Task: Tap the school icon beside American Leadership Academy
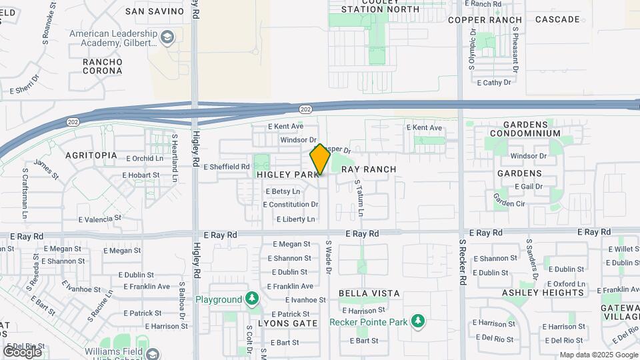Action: [167, 38]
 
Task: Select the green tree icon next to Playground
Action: [252, 298]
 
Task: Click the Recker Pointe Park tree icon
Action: [418, 322]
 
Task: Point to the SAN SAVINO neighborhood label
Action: [155, 11]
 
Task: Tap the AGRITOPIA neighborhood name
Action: [91, 155]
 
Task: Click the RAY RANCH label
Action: [369, 169]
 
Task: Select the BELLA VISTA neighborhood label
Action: [369, 293]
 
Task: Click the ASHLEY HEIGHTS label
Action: [552, 293]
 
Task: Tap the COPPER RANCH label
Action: [485, 20]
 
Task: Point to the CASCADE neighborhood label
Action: [557, 19]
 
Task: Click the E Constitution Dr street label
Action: [292, 205]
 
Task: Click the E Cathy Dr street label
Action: [494, 83]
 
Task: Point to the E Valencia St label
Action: [100, 218]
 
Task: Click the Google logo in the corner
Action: [22, 351]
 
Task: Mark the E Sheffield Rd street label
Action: [227, 167]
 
